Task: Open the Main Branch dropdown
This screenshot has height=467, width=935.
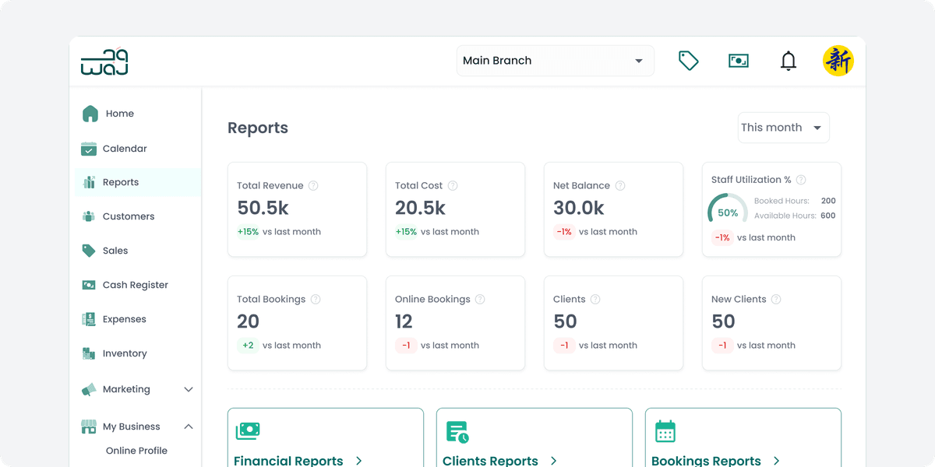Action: pos(555,61)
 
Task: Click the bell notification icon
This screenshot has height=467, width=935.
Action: pos(789,61)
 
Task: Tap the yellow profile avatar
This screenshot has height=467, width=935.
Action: pos(838,61)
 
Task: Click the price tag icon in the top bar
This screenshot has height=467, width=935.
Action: pos(688,61)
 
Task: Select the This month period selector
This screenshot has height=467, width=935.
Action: pos(783,128)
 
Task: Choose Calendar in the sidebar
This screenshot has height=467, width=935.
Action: pos(124,149)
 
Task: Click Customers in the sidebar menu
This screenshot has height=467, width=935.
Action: pos(128,216)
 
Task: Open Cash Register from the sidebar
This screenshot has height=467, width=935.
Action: pos(135,285)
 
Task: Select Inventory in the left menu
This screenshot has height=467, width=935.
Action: pos(124,353)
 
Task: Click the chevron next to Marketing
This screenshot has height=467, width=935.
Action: pos(188,389)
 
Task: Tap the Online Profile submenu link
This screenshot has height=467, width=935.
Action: pos(136,451)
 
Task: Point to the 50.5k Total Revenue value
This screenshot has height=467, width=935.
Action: pos(263,208)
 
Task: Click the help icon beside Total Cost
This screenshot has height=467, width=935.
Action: pos(453,186)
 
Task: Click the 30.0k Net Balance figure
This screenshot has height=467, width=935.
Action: pos(579,208)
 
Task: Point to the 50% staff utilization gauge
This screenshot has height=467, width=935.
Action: pos(726,212)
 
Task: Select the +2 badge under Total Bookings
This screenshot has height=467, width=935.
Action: pos(248,346)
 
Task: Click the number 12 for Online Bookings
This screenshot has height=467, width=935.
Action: pos(404,321)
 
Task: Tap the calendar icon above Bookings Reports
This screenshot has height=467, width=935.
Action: pos(665,431)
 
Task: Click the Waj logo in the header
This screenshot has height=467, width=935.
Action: pos(104,61)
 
